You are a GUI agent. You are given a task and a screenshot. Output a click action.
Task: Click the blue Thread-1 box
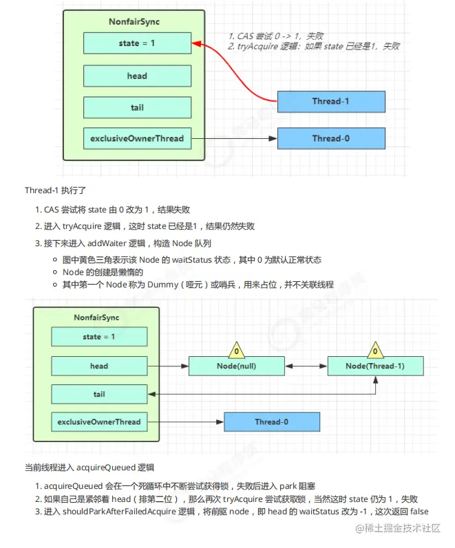click(x=331, y=101)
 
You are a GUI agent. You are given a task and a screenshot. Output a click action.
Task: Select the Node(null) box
click(x=236, y=366)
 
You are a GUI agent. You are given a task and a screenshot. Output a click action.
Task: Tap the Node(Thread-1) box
click(x=375, y=366)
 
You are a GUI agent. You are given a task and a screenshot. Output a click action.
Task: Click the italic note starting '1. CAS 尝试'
click(x=275, y=36)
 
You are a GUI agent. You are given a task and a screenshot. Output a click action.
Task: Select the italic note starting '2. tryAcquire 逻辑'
click(x=314, y=46)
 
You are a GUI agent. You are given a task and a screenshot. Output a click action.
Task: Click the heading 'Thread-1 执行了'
click(x=54, y=190)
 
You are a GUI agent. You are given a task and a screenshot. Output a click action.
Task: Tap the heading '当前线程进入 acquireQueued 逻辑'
click(x=89, y=468)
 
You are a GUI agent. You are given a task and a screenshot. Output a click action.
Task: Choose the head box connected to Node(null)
click(x=99, y=366)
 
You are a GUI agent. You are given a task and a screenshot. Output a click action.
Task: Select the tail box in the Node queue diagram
click(x=99, y=394)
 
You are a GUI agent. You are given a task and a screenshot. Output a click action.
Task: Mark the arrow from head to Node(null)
click(x=168, y=366)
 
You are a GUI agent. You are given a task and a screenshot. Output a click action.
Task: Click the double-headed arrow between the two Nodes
click(x=306, y=366)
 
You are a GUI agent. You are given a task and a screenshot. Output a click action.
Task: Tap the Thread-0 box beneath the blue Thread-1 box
click(x=331, y=138)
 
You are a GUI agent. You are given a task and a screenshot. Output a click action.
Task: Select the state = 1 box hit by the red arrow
click(x=137, y=43)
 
